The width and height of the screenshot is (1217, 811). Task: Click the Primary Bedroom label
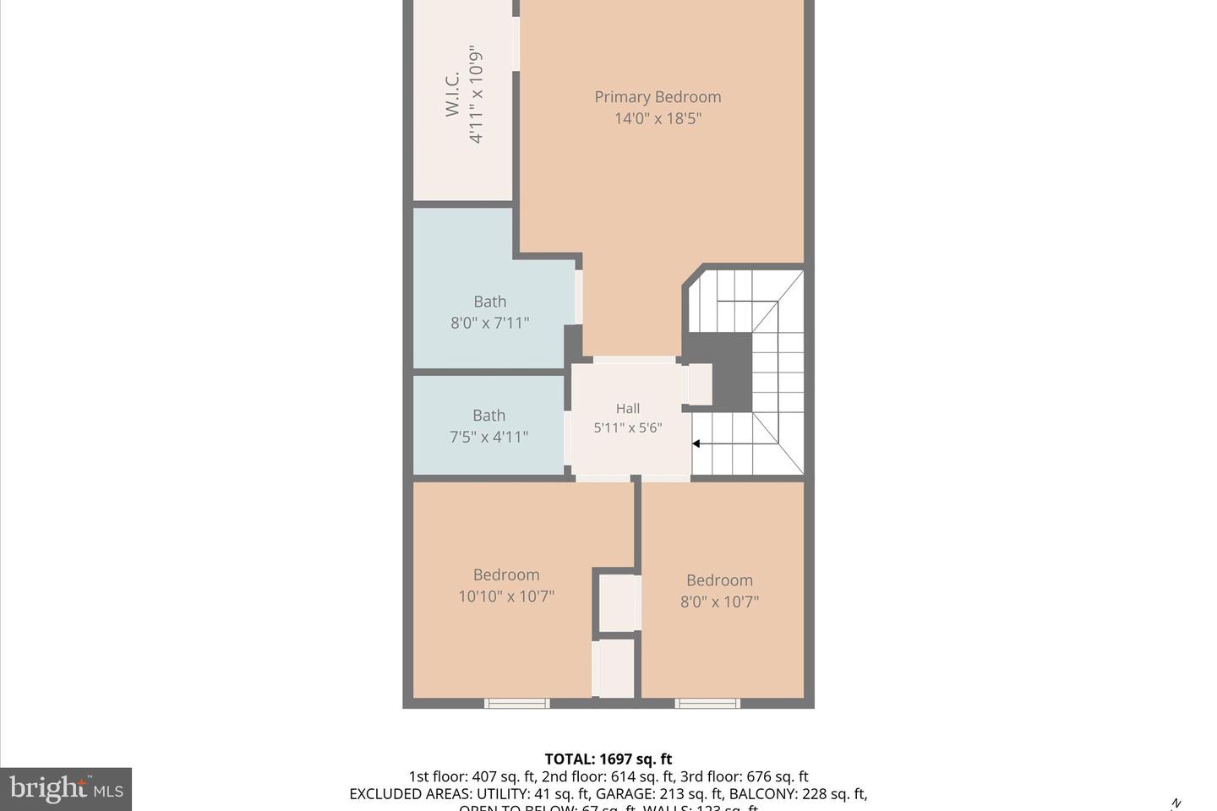click(x=658, y=97)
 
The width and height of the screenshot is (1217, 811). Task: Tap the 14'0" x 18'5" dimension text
click(x=658, y=118)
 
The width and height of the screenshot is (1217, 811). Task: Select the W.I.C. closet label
click(x=453, y=94)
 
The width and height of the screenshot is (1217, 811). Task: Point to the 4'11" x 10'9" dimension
click(x=477, y=94)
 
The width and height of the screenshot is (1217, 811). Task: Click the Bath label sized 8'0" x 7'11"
click(x=489, y=302)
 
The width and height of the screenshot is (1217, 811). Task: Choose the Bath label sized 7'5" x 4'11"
click(x=488, y=416)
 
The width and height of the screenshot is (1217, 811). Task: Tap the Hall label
click(x=627, y=409)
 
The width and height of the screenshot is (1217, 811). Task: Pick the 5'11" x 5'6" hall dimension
click(x=627, y=428)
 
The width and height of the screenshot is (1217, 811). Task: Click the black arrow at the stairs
click(x=696, y=444)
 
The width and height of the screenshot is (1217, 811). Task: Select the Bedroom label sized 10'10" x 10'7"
click(x=505, y=575)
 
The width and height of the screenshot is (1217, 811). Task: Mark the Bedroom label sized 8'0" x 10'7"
click(x=719, y=580)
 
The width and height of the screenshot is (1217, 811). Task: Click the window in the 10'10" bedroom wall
click(x=516, y=703)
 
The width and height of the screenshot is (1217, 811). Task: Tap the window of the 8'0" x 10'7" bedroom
click(x=707, y=703)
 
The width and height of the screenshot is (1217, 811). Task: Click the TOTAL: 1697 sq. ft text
click(x=608, y=759)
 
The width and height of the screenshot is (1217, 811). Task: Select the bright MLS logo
click(x=66, y=790)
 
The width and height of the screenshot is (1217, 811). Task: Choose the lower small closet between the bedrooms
click(x=614, y=668)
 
